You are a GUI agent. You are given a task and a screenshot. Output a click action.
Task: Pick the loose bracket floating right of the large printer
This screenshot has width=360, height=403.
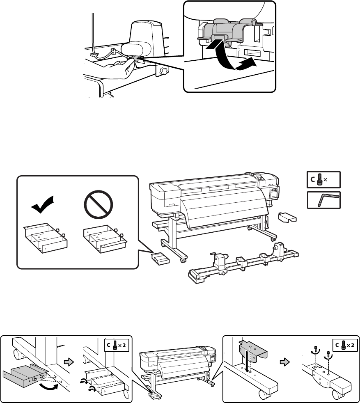point(289,217)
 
